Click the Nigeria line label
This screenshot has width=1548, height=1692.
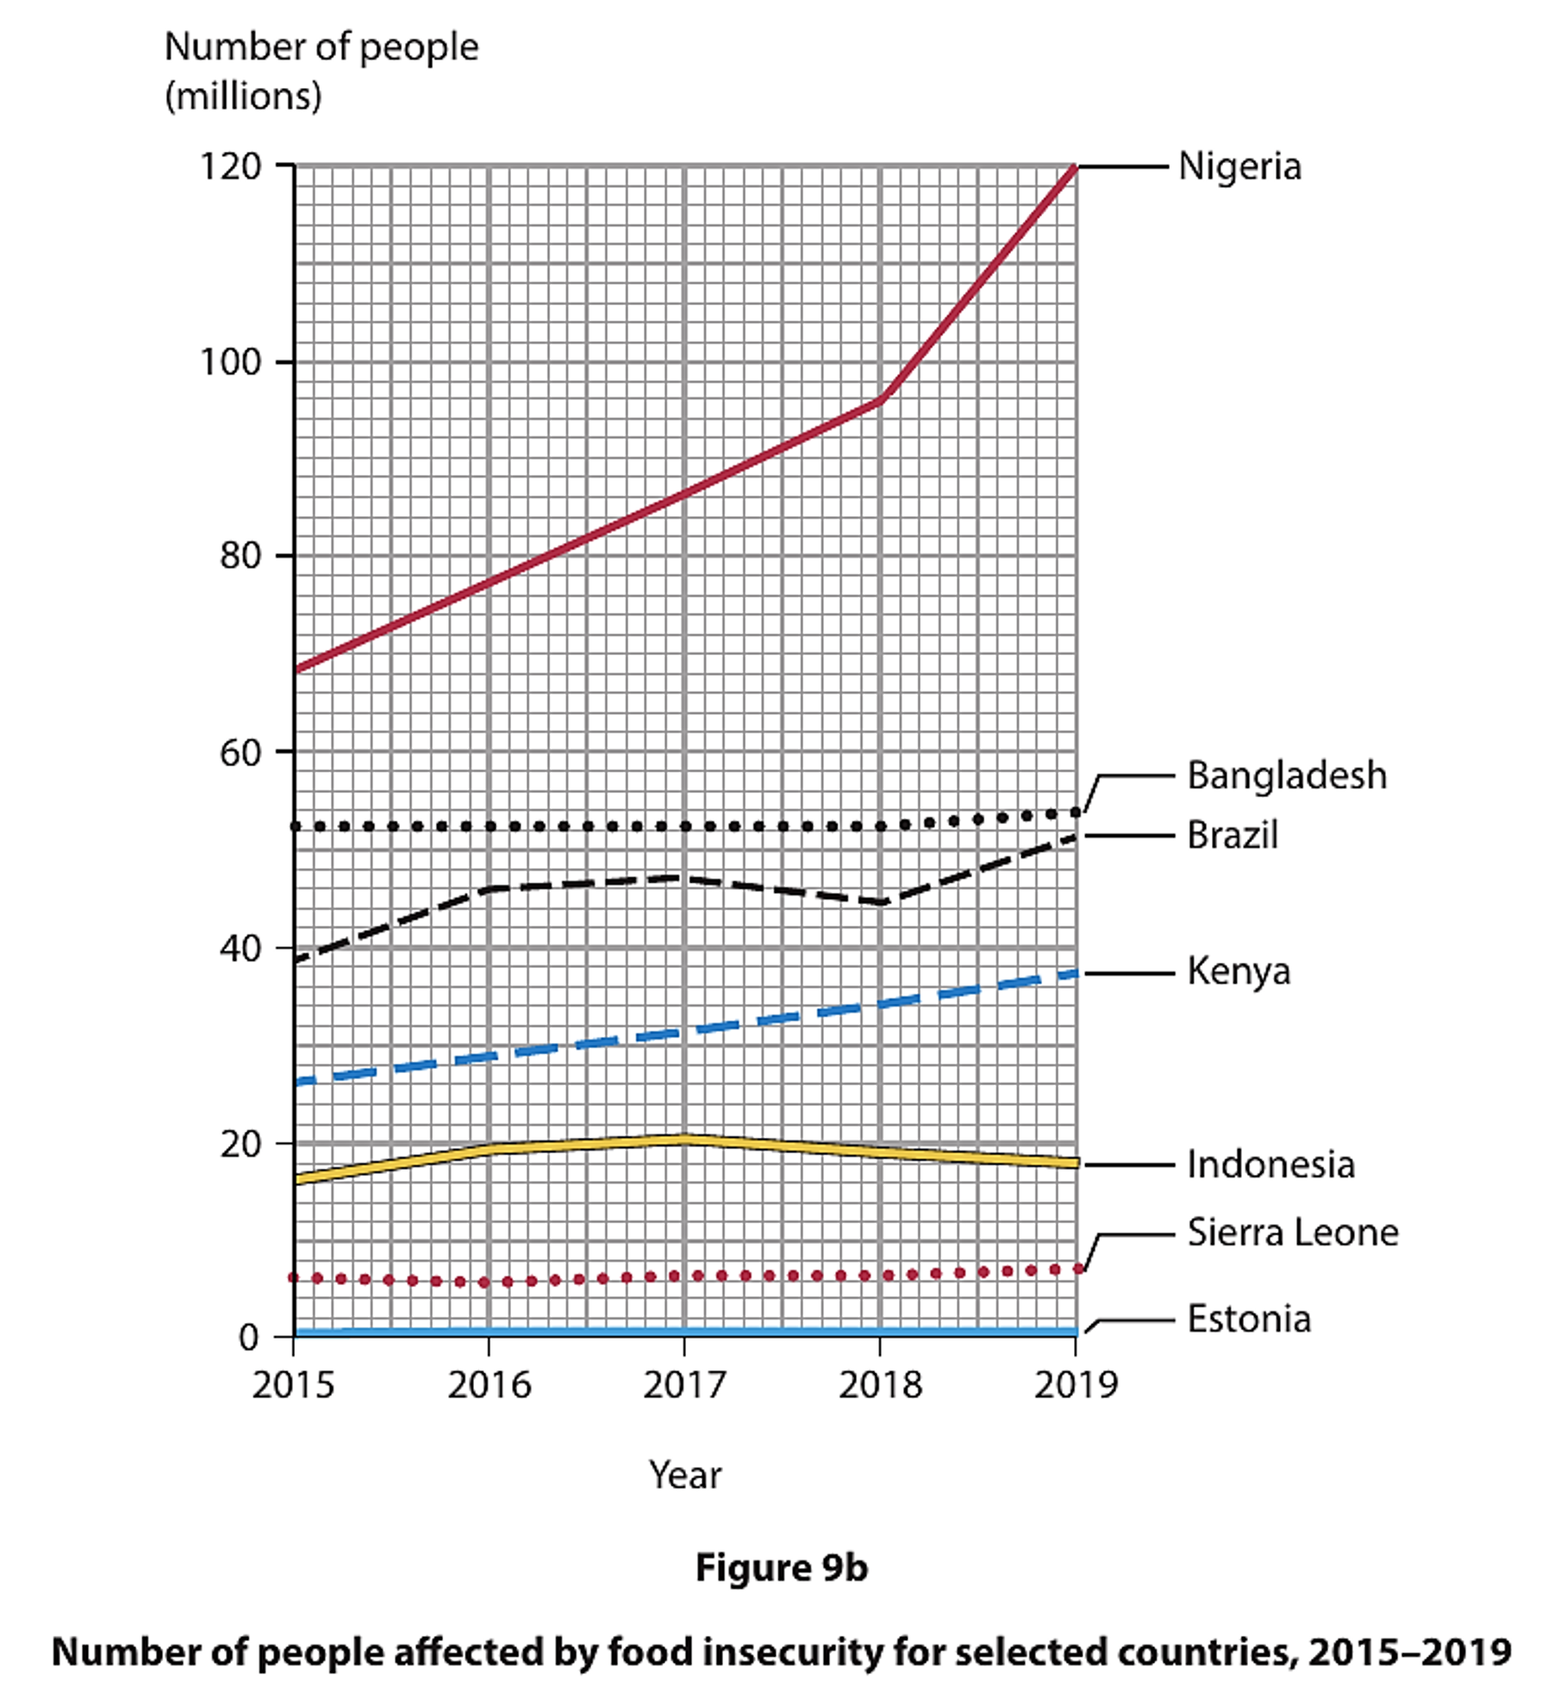point(1239,166)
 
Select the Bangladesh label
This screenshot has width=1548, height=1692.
point(1286,775)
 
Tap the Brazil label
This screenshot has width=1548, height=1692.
point(1232,834)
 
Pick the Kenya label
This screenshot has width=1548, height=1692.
point(1238,971)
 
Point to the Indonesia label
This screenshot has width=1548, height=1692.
point(1270,1164)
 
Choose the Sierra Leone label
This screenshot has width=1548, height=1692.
point(1292,1233)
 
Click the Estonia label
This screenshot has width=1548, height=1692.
point(1248,1320)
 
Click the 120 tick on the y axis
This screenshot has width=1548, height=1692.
point(230,166)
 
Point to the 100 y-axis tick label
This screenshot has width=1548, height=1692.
point(230,362)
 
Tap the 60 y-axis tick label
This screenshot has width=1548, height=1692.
point(240,752)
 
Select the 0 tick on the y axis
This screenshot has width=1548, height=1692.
point(249,1338)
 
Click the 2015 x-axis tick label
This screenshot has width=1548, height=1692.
point(293,1386)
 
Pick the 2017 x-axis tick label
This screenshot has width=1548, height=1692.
point(684,1386)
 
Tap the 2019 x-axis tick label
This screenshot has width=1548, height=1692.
point(1075,1386)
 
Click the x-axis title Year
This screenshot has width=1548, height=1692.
point(684,1475)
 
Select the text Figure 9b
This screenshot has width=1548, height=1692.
point(781,1568)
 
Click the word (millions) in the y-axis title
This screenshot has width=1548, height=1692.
point(243,96)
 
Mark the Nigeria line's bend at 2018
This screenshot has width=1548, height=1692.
point(880,400)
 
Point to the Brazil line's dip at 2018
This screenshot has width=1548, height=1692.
point(880,902)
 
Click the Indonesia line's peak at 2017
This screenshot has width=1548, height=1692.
point(684,1139)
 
